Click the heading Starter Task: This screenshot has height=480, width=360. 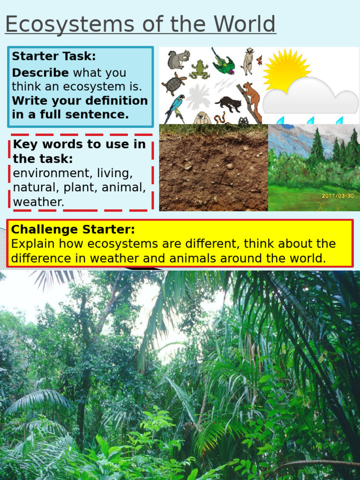pyautogui.click(x=54, y=56)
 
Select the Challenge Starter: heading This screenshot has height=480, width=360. pyautogui.click(x=73, y=230)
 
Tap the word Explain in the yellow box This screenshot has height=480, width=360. pyautogui.click(x=32, y=244)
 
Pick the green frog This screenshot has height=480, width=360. pyautogui.click(x=200, y=69)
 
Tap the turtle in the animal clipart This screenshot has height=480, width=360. pyautogui.click(x=174, y=83)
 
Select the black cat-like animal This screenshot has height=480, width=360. pyautogui.click(x=228, y=103)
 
